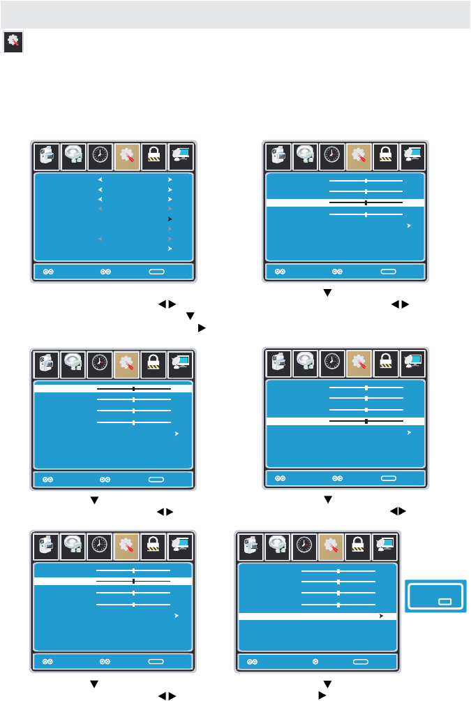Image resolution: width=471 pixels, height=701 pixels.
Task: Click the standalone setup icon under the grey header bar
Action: tap(14, 42)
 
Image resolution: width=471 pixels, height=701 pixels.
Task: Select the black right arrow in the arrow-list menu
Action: tap(169, 219)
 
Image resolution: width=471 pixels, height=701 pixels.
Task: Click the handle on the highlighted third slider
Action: tap(366, 202)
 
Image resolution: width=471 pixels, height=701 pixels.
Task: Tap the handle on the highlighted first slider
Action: tap(133, 388)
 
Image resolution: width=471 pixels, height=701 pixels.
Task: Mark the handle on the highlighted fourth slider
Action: tap(366, 421)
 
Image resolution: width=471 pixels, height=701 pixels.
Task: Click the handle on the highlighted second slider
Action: tap(133, 580)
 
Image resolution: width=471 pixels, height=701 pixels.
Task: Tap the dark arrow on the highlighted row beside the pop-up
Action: tap(381, 617)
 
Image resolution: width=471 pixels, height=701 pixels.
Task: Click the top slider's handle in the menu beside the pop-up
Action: tap(338, 571)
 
